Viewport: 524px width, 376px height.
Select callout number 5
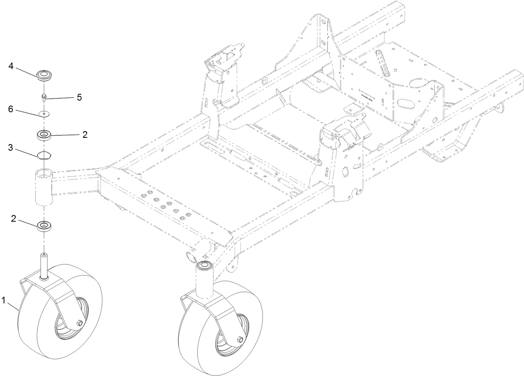pos(79,97)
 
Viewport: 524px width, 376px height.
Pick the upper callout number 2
pos(85,134)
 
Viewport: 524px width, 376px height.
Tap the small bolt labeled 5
pos(44,98)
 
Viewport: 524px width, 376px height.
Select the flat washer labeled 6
pos(44,113)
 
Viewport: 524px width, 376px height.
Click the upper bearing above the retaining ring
pos(44,135)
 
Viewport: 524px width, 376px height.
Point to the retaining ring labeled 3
pos(44,155)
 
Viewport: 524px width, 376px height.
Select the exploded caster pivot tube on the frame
pos(44,186)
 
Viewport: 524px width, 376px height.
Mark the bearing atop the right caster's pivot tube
pos(205,266)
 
